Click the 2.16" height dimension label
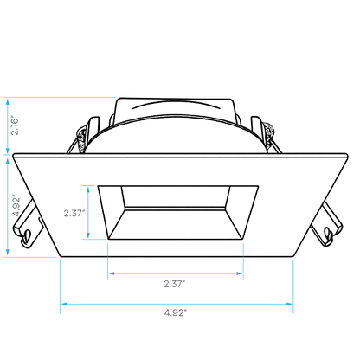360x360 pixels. [x=15, y=126]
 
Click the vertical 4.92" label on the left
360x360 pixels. [x=16, y=206]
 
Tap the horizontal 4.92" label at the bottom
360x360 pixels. [x=176, y=312]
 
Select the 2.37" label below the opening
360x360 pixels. [x=175, y=284]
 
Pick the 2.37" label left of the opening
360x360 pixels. [x=74, y=213]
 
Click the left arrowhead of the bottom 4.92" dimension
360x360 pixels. [x=64, y=304]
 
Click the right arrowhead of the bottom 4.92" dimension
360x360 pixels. [x=289, y=304]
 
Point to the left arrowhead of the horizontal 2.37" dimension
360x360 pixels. [x=112, y=273]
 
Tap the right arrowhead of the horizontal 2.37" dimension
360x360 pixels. [x=240, y=273]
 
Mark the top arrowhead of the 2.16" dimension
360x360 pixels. [x=8, y=101]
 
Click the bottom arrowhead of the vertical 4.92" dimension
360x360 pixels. [x=8, y=253]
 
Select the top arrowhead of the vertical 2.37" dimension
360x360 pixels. [x=88, y=190]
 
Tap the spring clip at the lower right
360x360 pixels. [x=327, y=225]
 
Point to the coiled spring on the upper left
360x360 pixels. [x=81, y=139]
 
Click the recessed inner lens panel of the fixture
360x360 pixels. [x=176, y=196]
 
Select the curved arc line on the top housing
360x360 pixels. [x=176, y=104]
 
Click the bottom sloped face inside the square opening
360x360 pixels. [x=176, y=224]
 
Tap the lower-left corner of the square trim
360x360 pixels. [x=60, y=256]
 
